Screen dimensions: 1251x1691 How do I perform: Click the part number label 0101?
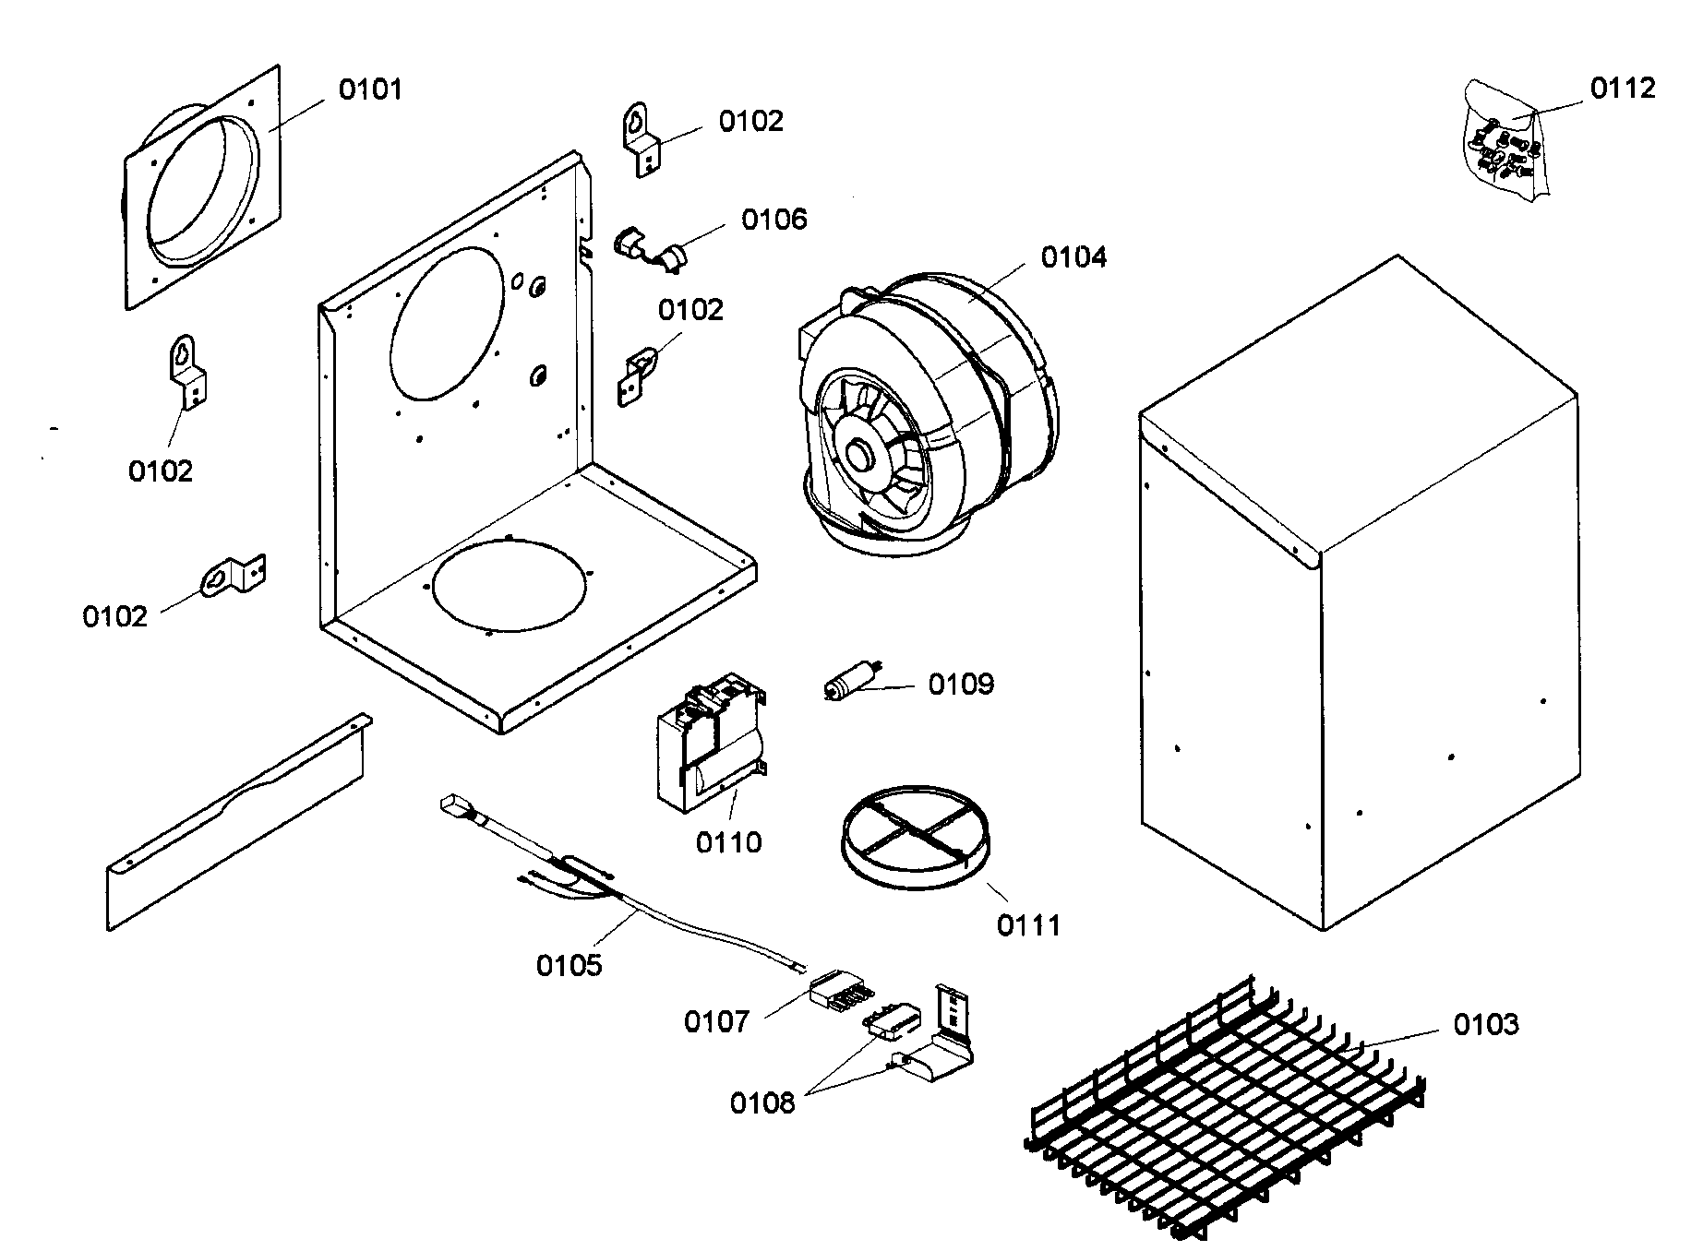coord(370,89)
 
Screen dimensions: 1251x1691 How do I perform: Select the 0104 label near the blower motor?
coord(1073,256)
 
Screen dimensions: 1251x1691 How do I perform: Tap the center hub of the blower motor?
coord(862,453)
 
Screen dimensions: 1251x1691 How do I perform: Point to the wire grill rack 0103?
coord(1228,1107)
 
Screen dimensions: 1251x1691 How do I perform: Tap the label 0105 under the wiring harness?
coord(569,966)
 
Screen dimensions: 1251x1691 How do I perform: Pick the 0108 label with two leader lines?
coord(762,1102)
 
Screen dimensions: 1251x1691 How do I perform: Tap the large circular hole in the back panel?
coord(448,323)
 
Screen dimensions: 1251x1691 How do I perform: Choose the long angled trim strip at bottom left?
coord(235,821)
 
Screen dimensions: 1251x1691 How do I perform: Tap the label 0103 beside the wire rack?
coord(1485,1024)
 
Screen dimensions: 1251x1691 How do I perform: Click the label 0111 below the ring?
coord(1028,924)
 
